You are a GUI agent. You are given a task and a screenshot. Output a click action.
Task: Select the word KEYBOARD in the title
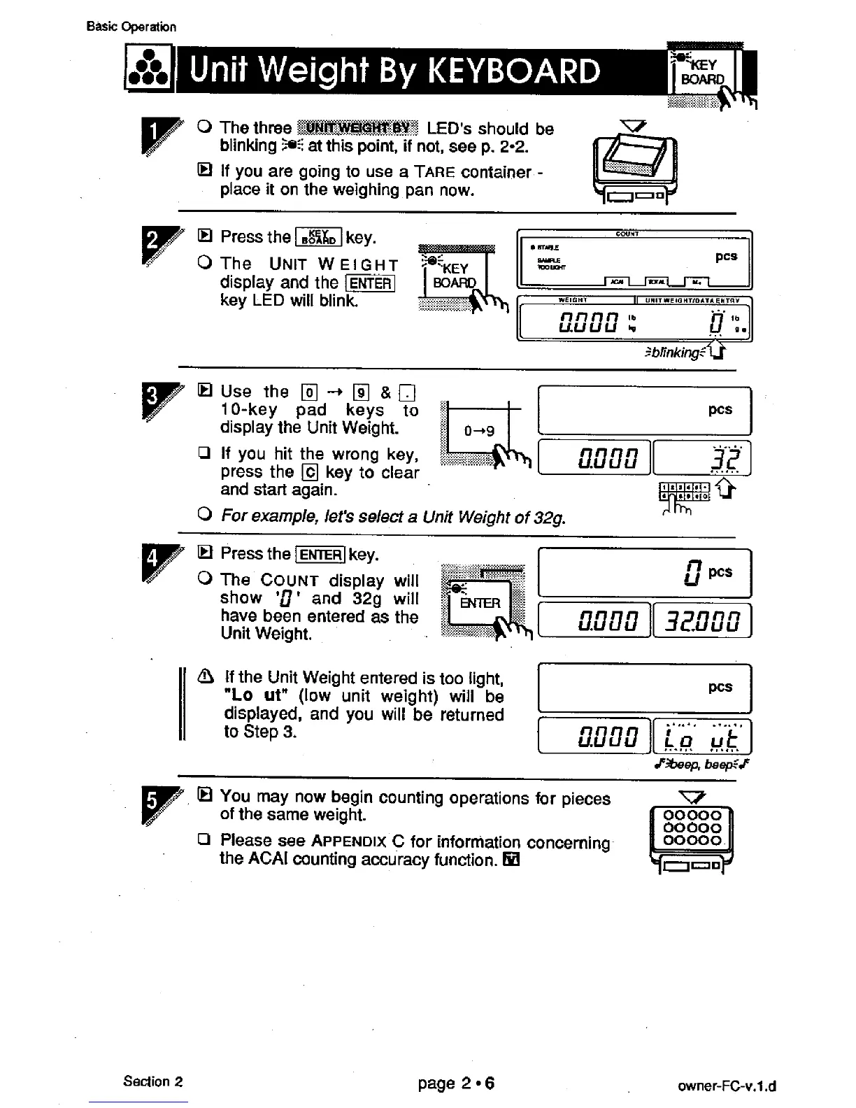[x=513, y=71]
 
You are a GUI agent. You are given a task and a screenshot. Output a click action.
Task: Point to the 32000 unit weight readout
[x=701, y=620]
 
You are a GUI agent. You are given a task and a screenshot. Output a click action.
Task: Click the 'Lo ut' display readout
[x=701, y=737]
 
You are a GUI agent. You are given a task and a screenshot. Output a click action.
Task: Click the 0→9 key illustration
[x=479, y=430]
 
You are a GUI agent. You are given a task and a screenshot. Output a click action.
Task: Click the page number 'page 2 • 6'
[x=456, y=1084]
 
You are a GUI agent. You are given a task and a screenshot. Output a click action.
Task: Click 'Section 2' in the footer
[x=152, y=1081]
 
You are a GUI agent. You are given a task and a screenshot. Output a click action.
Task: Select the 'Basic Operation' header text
[x=131, y=27]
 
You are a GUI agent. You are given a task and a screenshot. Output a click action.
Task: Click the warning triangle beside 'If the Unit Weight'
[x=205, y=677]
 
